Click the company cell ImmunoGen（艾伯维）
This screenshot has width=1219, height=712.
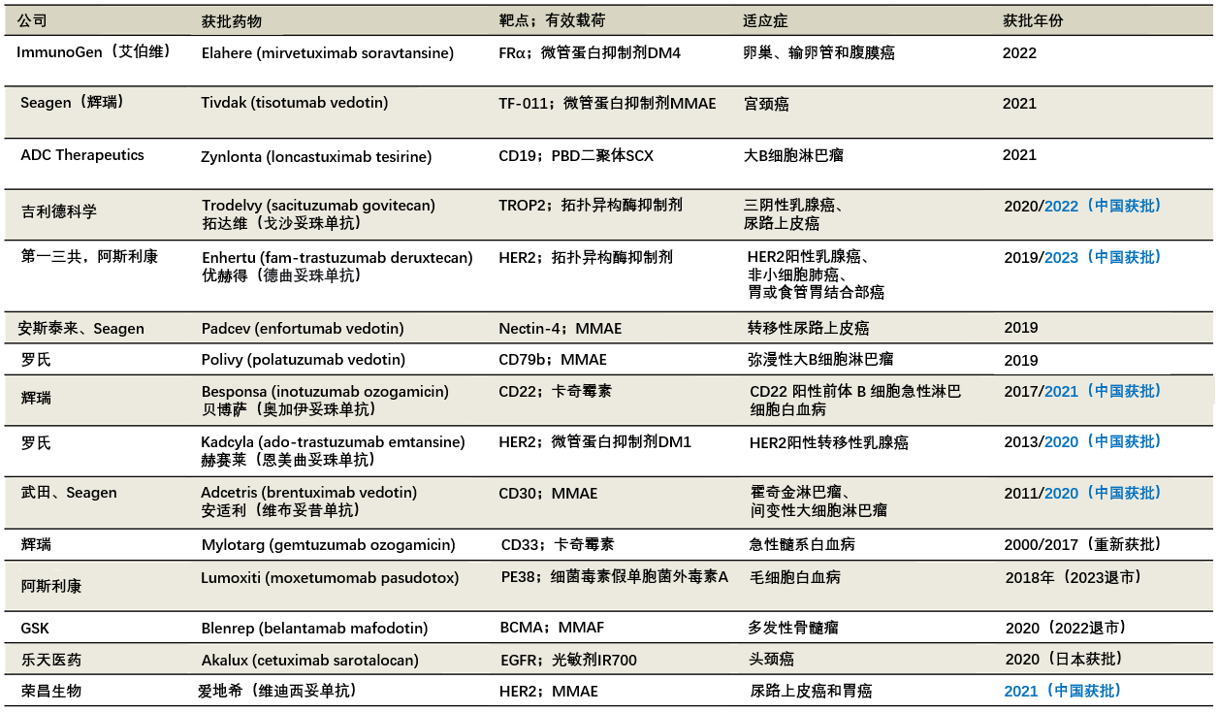coord(93,52)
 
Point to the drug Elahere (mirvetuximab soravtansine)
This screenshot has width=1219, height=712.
coord(327,53)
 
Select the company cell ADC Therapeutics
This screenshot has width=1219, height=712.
coord(82,155)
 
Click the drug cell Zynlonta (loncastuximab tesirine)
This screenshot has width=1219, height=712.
coord(316,156)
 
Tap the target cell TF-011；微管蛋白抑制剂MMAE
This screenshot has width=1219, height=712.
coord(607,103)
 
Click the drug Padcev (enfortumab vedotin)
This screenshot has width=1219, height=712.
coord(303,329)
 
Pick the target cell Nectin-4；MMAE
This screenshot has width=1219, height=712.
coord(561,329)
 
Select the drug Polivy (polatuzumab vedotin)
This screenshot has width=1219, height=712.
coord(303,360)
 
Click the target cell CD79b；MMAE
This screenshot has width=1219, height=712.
coord(553,360)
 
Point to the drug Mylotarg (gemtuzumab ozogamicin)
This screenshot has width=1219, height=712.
coord(328,545)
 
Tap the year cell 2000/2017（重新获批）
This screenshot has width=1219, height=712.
coord(1082,545)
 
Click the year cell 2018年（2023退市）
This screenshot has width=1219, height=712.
coord(1073,577)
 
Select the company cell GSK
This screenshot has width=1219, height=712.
coord(35,628)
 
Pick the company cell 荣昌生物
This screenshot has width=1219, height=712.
coord(51,692)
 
